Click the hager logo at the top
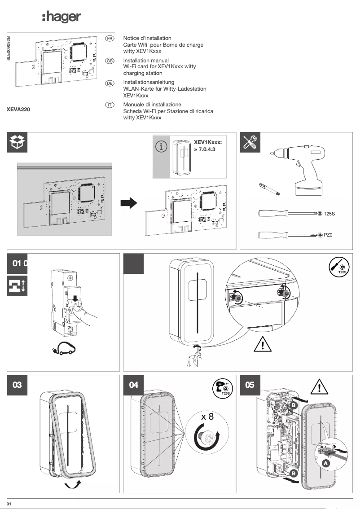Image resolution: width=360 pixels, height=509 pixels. point(61,17)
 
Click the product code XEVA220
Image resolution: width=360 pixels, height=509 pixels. point(18,109)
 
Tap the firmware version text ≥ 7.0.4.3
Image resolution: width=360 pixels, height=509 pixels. point(205,149)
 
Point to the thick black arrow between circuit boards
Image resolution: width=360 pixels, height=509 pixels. point(129,203)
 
